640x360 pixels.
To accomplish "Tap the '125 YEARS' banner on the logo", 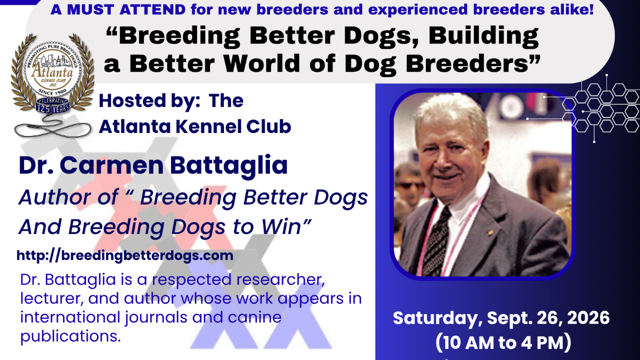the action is (53, 108).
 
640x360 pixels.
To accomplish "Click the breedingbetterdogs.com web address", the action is (125, 255).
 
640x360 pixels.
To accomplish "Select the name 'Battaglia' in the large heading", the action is (228, 165).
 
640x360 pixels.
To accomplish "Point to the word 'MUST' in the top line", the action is (90, 9).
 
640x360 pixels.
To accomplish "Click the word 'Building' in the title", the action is (483, 36).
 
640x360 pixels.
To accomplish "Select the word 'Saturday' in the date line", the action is (435, 318).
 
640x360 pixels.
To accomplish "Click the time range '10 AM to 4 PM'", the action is (503, 342).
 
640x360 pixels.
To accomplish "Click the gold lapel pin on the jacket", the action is (490, 232).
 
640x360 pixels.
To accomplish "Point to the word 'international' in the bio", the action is (70, 317).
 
